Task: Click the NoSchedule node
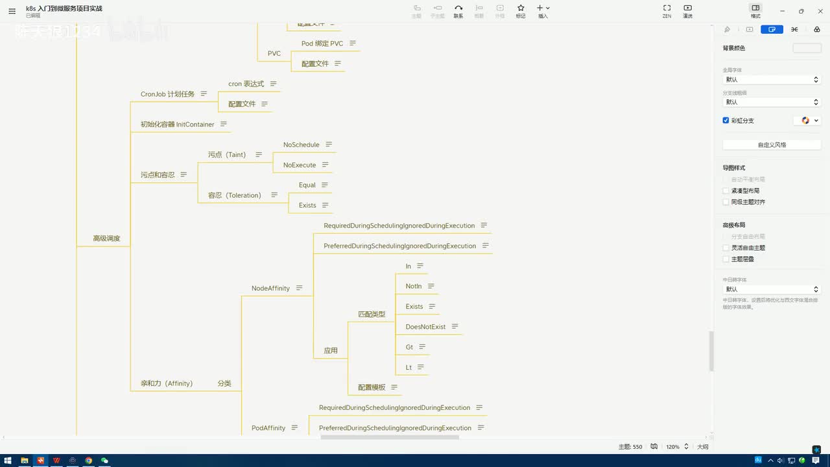coord(301,145)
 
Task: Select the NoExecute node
coord(299,165)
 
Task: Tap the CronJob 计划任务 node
coord(167,94)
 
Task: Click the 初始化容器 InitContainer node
coord(177,124)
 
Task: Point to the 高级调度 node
coord(106,238)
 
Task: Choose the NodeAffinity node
coord(270,288)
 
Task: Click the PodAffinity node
coord(268,428)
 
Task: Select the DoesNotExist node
coord(425,327)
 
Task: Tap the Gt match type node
coord(409,347)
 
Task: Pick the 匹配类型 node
coord(372,314)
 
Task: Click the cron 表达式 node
coord(246,84)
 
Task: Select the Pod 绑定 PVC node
coord(322,43)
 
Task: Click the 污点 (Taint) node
coord(226,154)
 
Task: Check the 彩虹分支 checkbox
coord(726,121)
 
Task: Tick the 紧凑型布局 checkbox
coord(726,191)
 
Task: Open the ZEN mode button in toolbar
coord(667,10)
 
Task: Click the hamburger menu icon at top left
coord(12,11)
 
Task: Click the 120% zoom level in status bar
coord(672,447)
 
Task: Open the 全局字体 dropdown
coord(771,80)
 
